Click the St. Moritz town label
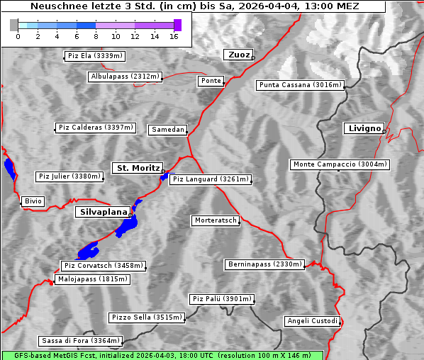point(138,168)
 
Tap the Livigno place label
point(364,128)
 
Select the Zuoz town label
point(238,55)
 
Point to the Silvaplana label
point(104,212)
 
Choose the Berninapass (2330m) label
point(264,264)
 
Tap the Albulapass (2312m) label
point(125,77)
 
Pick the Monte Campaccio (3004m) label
point(340,164)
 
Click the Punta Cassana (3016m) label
point(300,85)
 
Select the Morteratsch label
point(215,220)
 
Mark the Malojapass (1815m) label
point(93,279)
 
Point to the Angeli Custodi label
point(313,321)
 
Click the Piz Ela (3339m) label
point(94,55)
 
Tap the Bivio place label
point(33,201)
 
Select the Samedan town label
point(168,130)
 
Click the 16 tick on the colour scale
point(174,36)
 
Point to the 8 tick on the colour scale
point(96,36)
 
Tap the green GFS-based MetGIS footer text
point(162,355)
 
